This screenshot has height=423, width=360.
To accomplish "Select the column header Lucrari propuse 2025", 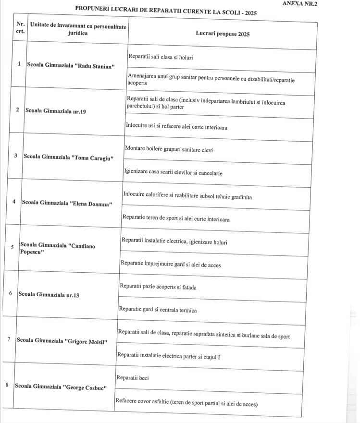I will (223, 34).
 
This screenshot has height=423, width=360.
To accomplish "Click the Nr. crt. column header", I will (21, 27).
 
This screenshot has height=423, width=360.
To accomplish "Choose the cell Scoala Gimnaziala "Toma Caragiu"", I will (67, 157).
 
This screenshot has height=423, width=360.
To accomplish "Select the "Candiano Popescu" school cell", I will (57, 249).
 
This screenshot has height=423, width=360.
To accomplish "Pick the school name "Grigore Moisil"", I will (62, 340).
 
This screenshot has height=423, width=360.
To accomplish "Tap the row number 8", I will (6, 385).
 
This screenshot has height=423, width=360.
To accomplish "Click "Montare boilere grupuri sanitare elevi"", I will (169, 149).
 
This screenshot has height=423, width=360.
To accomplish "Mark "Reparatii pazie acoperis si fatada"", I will (158, 287).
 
